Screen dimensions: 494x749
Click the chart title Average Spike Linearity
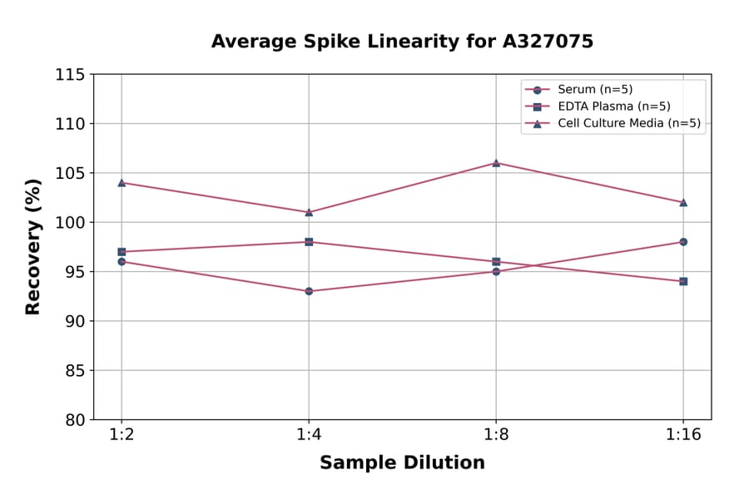402,42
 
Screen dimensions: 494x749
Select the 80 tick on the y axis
74,420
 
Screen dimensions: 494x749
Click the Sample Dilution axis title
402,463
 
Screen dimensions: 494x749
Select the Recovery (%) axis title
33,247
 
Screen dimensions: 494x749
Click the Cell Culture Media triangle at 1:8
496,163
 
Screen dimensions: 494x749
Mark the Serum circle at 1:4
309,291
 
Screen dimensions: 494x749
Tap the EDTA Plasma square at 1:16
683,281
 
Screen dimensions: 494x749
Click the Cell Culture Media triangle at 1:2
122,182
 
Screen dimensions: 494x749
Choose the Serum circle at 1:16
683,242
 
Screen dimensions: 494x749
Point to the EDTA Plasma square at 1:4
309,242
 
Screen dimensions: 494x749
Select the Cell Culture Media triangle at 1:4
309,212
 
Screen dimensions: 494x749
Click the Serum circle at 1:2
122,261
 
